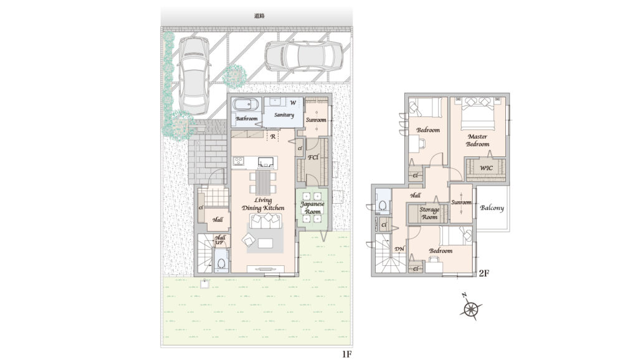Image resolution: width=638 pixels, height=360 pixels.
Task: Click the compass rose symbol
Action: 471,308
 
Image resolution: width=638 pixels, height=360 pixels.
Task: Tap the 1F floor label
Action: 346,354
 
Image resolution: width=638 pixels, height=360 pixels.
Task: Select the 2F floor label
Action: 483,273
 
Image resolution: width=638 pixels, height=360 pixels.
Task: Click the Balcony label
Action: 492,208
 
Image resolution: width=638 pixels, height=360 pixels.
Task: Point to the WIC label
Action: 486,168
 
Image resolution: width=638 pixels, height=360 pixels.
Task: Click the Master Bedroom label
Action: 478,140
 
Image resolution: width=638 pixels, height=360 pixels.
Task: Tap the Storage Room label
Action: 429,214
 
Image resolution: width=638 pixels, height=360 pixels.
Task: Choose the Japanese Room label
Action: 313,208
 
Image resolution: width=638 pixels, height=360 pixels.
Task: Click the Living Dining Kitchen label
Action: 263,204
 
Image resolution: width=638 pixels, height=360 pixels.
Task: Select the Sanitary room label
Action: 284,115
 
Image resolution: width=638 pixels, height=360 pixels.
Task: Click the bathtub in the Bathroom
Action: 245,105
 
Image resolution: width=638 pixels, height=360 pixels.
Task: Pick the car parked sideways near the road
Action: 305,56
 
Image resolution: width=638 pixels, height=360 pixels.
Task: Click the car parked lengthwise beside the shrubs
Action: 194,75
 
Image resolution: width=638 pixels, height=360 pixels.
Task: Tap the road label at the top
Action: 259,16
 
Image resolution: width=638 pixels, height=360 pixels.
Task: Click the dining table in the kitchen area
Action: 263,182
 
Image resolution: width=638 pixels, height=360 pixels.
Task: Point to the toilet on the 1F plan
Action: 221,261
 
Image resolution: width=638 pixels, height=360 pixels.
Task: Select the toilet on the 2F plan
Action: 383,204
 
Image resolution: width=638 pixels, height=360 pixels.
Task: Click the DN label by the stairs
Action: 399,249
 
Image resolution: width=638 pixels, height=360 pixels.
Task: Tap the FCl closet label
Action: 313,157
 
